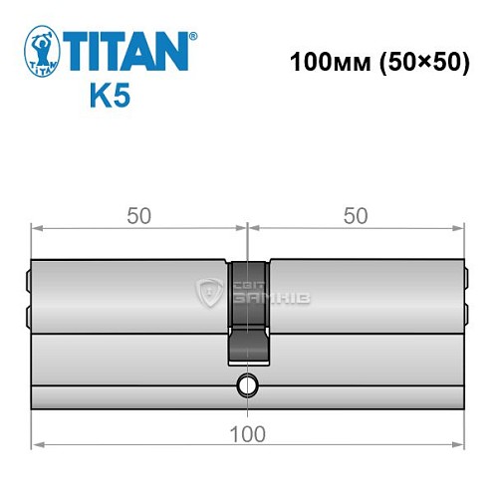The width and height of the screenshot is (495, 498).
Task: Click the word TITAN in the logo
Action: (127, 50)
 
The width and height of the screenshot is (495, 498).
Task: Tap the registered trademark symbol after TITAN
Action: (192, 34)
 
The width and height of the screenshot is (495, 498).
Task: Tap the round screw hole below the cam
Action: (245, 385)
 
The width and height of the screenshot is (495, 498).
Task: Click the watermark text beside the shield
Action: (258, 293)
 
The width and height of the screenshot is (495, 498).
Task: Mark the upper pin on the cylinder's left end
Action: (28, 281)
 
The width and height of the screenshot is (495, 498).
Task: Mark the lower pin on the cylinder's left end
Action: (28, 316)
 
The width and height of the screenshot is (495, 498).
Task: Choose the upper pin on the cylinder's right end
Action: (463, 281)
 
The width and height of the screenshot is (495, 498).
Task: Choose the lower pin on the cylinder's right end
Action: (463, 316)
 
